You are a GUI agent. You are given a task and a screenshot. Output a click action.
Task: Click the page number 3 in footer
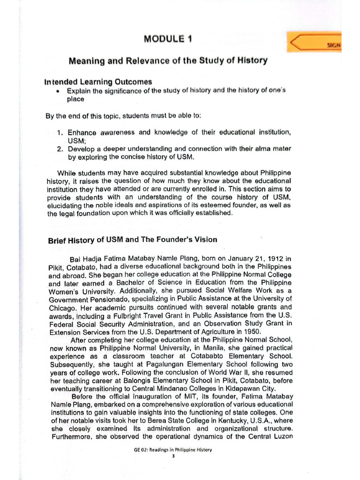tap(173, 456)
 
